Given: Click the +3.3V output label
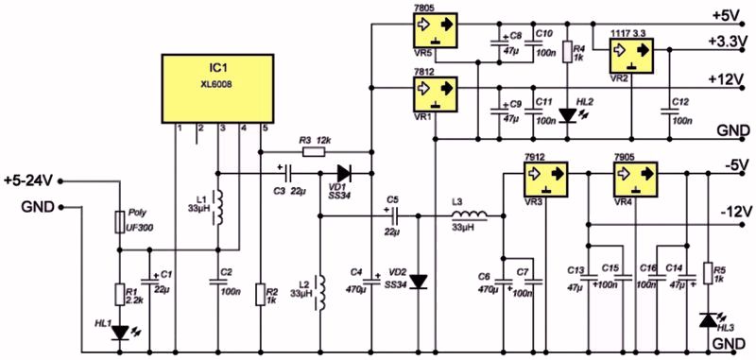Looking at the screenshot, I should click(x=726, y=43).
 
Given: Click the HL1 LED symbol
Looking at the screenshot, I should click(x=119, y=332).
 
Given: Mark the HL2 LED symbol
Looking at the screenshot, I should click(x=567, y=115).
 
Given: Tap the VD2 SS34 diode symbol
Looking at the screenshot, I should click(x=420, y=282).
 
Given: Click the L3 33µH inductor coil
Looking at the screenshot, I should click(x=469, y=220).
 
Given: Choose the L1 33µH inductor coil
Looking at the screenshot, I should click(x=217, y=208).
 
